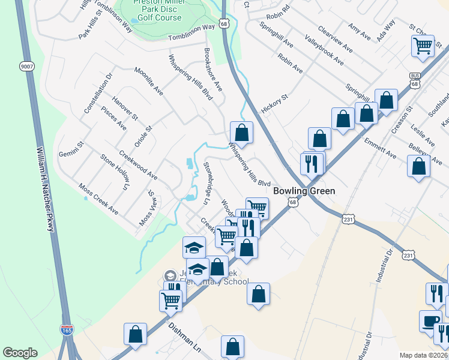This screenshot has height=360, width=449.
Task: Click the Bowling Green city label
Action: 303,191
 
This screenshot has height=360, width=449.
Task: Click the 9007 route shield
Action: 26,65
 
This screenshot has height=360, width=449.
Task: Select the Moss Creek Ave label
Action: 99,197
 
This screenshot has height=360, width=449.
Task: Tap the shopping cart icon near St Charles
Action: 423,45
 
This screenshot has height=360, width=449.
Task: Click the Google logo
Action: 20,352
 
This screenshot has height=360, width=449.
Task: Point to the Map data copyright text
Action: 424,355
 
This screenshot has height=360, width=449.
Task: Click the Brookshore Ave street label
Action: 213,70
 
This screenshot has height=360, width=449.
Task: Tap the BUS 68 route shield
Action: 415,80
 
